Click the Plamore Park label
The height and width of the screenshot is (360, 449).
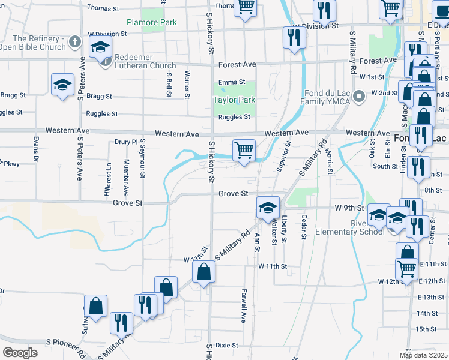click(151, 23)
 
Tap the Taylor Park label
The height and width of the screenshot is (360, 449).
click(234, 100)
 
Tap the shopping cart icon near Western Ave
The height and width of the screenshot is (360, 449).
click(244, 150)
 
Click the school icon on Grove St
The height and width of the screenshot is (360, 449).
click(268, 208)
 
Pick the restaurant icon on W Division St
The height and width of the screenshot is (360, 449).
click(294, 38)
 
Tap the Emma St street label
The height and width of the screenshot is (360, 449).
click(232, 82)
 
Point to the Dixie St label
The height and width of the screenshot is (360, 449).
click(228, 346)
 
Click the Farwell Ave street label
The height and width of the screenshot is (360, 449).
click(244, 306)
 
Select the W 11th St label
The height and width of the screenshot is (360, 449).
click(273, 266)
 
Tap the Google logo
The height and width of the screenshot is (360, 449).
click(20, 352)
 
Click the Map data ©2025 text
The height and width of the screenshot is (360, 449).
click(423, 355)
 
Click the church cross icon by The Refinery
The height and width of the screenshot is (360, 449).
click(74, 42)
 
